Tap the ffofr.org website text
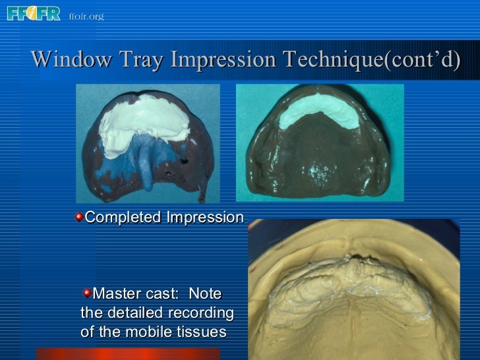click(x=86, y=15)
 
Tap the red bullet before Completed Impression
click(x=79, y=217)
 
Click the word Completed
click(x=124, y=218)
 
